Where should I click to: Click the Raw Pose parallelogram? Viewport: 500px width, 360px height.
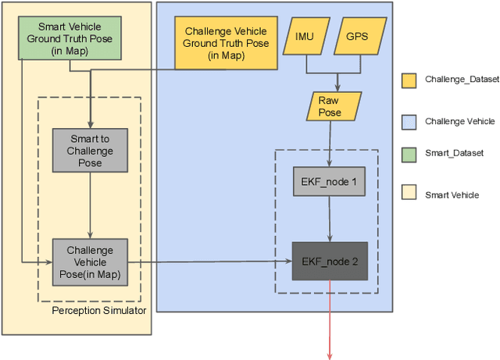[329, 106]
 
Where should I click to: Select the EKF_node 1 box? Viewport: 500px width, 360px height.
[329, 183]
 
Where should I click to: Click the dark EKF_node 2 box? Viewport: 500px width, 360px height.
[329, 262]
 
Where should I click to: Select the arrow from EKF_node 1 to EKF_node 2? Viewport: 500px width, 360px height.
[329, 222]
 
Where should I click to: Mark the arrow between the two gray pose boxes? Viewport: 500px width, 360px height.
[90, 205]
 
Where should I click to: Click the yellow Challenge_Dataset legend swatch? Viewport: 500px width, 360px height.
[409, 79]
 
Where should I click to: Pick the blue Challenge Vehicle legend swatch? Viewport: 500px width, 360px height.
[409, 120]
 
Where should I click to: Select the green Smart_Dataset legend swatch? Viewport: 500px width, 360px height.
[409, 154]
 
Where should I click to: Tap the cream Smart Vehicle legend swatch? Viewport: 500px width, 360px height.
[409, 194]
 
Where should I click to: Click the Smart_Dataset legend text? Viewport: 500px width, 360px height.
[454, 154]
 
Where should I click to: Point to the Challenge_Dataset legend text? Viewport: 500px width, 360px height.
[462, 79]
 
